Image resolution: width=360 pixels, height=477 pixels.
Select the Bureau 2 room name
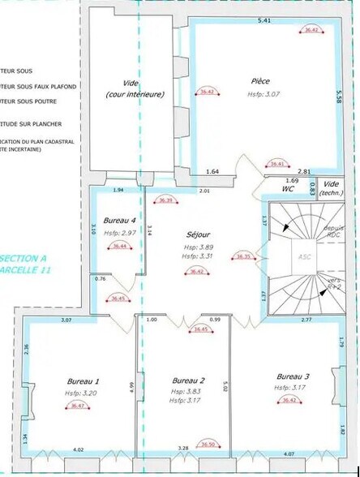click(x=189, y=380)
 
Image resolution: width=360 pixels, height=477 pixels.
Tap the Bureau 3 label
click(x=293, y=376)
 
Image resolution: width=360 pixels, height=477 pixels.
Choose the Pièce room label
click(x=260, y=82)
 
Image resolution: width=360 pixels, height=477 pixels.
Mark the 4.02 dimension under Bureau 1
click(x=79, y=449)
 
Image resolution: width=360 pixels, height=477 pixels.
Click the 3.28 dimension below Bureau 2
click(x=183, y=449)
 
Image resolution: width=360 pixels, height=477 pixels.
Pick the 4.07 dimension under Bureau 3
click(x=289, y=454)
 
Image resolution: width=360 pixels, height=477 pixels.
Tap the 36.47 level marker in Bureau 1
click(x=78, y=406)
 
